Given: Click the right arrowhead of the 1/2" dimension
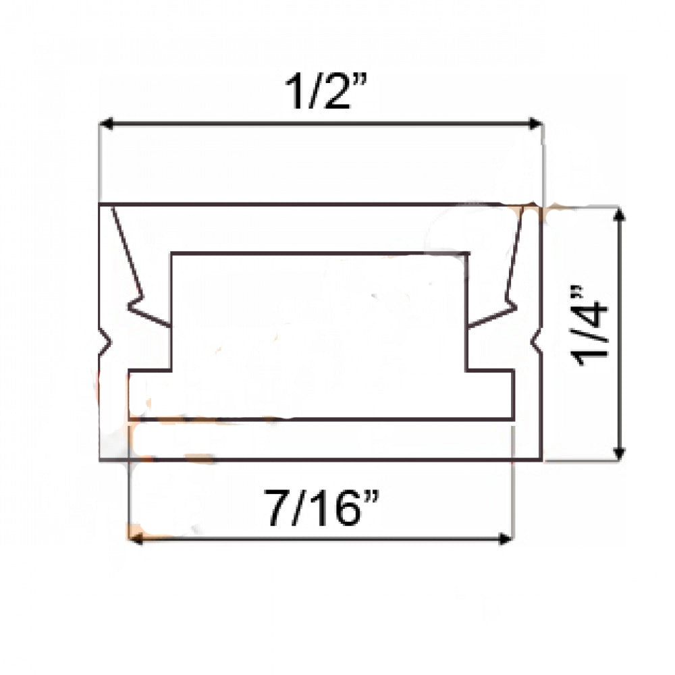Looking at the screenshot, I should click(536, 124).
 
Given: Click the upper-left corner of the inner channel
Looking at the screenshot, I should click(171, 254).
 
